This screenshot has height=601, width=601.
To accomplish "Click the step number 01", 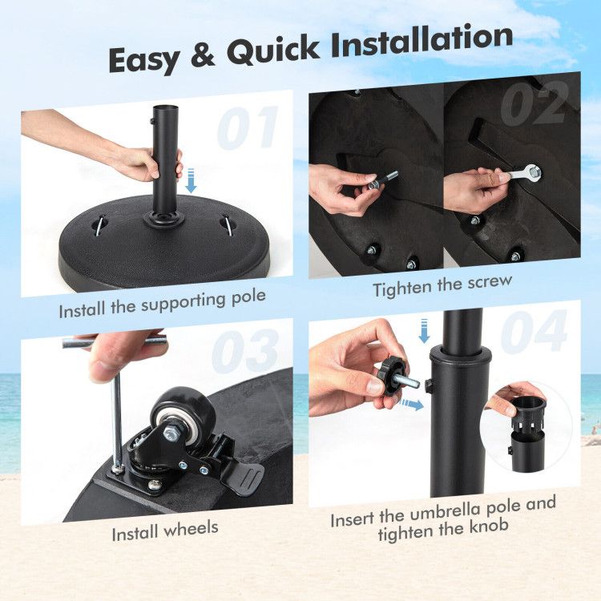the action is point(248,128).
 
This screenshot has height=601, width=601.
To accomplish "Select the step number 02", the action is point(534,103).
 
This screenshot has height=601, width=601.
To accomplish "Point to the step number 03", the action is point(246,351).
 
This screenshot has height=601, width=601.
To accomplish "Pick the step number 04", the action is point(534,331).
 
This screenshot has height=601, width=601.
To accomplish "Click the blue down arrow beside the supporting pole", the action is point(191,180).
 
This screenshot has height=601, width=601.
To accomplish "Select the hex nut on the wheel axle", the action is point(170,434).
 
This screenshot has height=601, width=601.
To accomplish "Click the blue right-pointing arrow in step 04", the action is point(412,405).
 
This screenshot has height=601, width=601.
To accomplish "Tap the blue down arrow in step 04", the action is point(424,330).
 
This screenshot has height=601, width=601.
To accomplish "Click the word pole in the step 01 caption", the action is point(248,298).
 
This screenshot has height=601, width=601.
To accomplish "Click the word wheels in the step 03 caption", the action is point(192,530).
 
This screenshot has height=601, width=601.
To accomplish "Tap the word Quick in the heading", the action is point(272,50).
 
